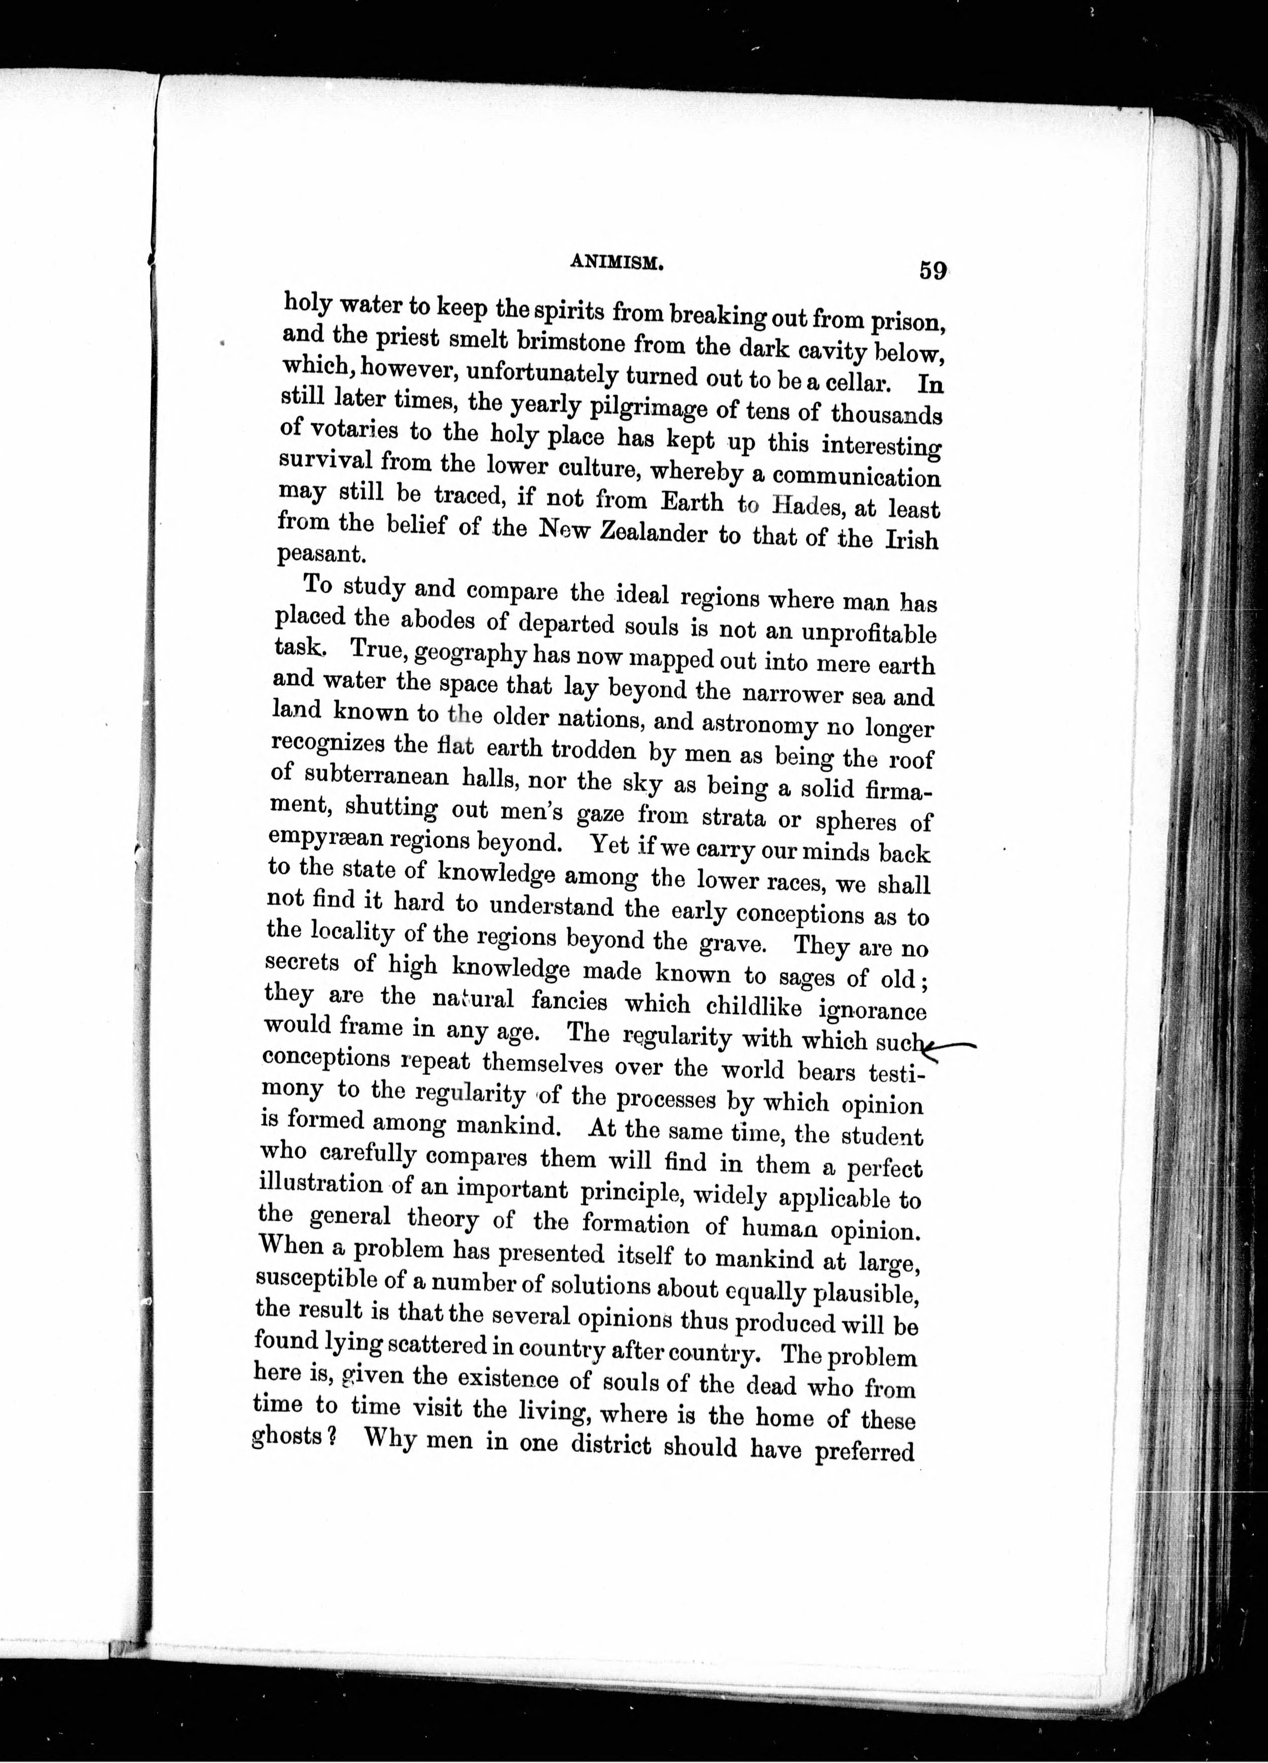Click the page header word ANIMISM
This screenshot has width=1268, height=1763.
tap(616, 264)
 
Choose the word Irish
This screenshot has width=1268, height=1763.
tap(910, 540)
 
